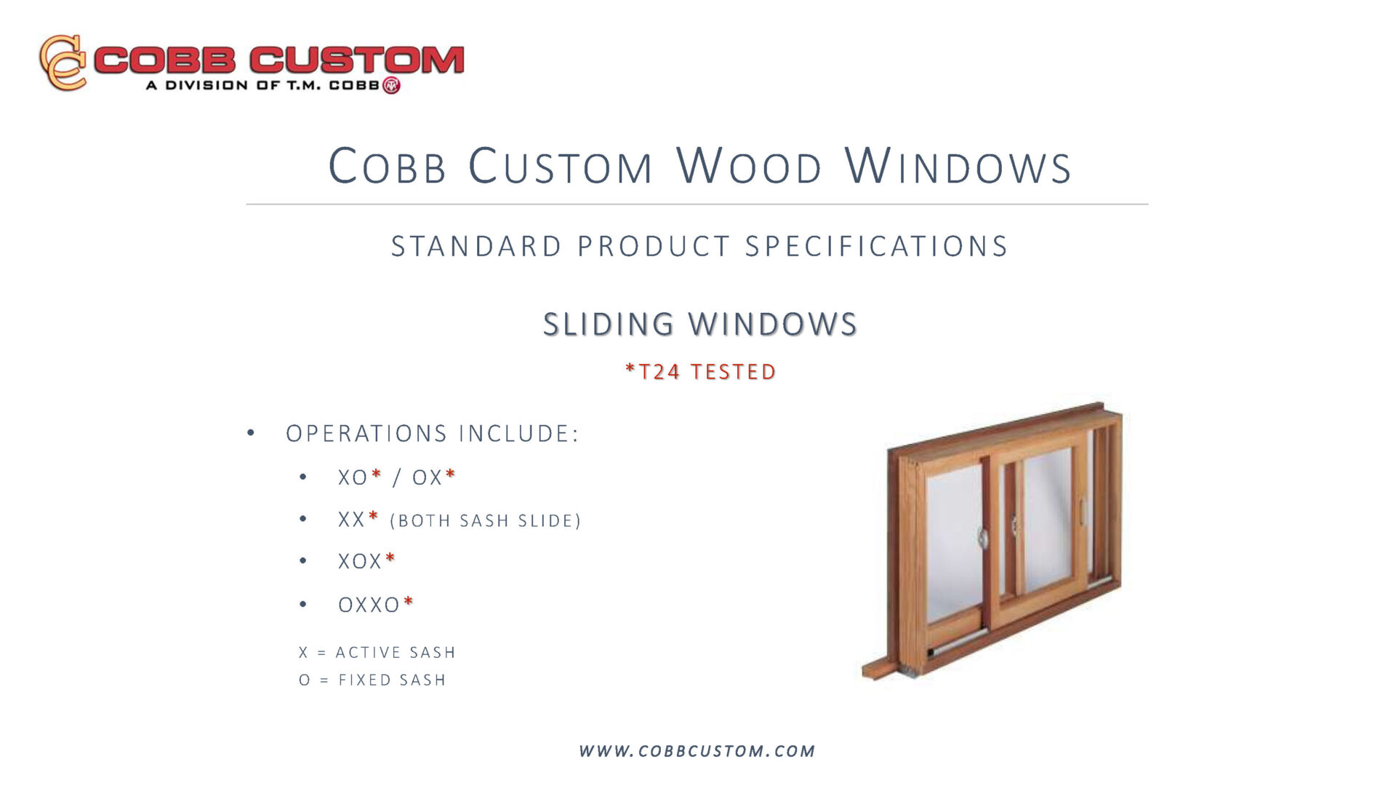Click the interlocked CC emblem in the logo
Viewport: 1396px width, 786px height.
63,63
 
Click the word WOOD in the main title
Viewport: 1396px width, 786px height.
749,166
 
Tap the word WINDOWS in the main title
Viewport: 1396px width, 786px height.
958,166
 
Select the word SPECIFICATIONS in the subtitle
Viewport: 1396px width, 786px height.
876,246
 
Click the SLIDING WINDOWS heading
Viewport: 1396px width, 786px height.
700,324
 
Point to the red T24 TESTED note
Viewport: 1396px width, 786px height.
701,372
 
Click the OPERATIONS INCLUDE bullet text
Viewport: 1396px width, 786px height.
432,434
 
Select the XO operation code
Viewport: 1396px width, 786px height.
353,477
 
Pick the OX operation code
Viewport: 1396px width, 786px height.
428,477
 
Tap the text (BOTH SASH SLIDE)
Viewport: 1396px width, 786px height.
486,521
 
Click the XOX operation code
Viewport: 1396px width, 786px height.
360,561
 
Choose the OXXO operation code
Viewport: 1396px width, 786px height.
369,605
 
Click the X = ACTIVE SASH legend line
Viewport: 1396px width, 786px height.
377,652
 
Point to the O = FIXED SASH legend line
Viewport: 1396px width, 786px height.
372,680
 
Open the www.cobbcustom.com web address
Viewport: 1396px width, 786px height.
697,751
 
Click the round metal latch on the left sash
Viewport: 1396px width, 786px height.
982,538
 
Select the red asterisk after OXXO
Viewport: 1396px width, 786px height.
408,601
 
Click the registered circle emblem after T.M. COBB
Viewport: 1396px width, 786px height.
391,85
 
